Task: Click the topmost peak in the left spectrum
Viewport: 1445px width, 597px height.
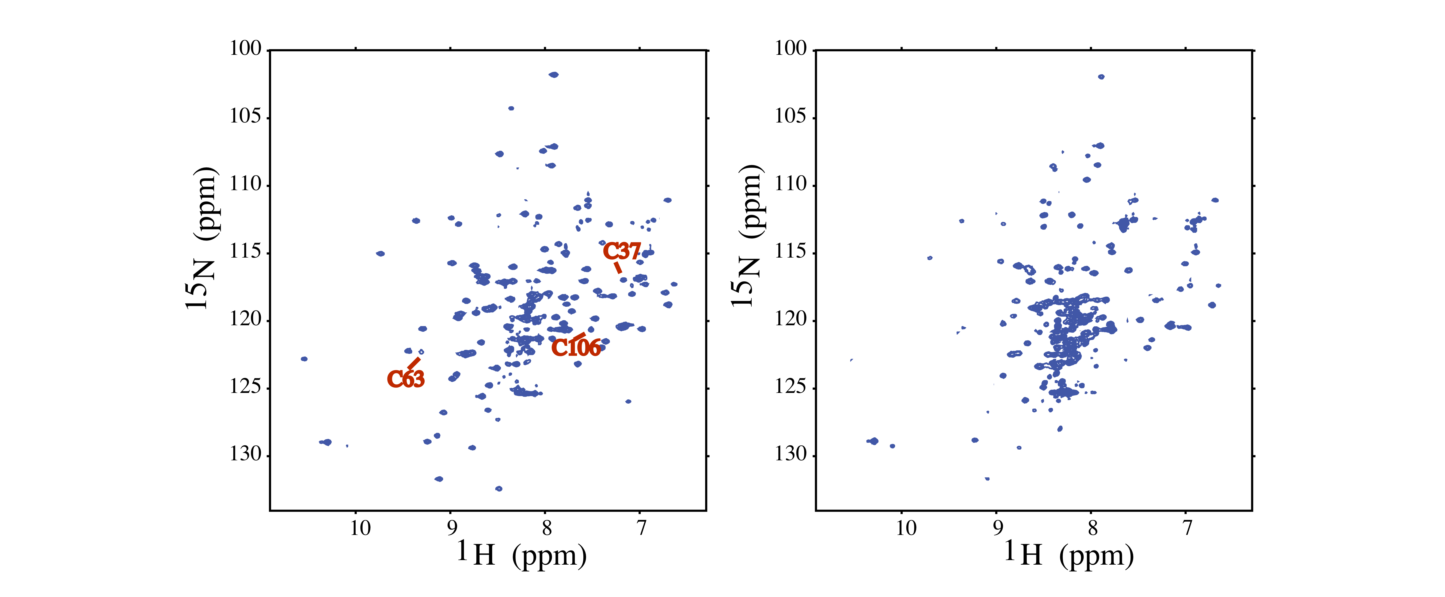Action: coord(554,75)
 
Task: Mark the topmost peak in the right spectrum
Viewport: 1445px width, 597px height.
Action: coord(1101,77)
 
